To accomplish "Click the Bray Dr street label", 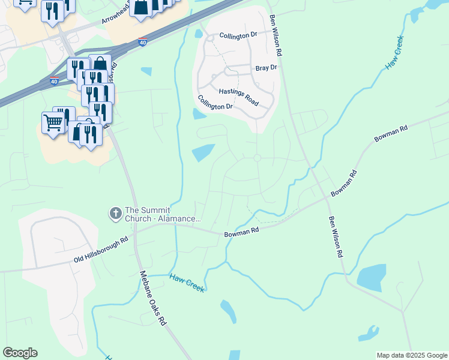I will point(266,68).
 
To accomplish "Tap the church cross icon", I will point(115,213).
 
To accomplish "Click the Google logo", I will point(20,353).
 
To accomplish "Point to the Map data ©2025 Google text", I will point(411,355).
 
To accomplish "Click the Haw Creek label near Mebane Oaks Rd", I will point(187,283).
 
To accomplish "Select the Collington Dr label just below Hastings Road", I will point(215,102).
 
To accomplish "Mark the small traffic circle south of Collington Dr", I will point(257,158).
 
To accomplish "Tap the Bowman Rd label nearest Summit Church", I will point(241,232).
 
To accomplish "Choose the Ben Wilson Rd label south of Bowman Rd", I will point(335,236).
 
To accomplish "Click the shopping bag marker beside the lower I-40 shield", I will point(100,64).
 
